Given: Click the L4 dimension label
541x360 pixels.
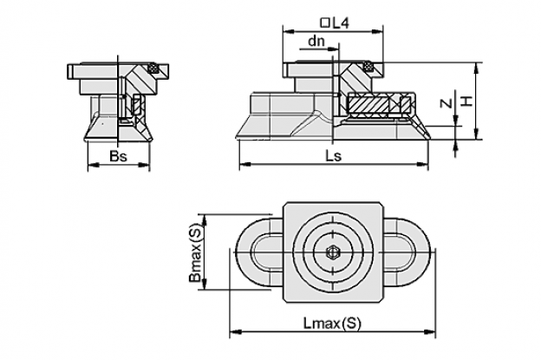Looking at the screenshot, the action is [341, 23].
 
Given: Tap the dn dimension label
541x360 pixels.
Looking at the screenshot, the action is [316, 41].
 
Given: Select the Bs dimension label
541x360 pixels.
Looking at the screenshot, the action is [118, 156].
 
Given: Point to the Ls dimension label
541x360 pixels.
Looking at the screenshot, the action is [334, 156].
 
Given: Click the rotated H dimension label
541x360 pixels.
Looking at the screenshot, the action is [466, 101].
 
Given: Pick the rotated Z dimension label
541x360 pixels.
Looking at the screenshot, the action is [446, 103].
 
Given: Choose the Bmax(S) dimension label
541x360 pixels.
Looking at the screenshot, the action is [195, 252].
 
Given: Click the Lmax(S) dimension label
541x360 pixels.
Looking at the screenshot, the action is [332, 324].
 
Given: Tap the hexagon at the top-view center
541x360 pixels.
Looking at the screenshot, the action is [333, 252].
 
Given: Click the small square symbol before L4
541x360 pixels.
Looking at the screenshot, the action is [324, 23].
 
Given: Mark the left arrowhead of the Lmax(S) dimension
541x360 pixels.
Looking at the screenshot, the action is [235, 332].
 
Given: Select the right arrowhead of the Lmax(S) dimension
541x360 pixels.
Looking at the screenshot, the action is [430, 332].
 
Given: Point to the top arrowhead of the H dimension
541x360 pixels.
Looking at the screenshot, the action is [477, 68].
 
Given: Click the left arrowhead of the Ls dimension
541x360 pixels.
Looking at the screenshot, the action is [244, 164].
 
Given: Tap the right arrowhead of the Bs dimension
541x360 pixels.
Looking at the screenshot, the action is [145, 166].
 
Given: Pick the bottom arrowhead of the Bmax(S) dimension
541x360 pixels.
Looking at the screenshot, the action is [205, 284].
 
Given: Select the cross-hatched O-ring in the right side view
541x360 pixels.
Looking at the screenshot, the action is [368, 66].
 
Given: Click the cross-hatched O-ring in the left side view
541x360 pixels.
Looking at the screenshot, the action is [152, 68].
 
